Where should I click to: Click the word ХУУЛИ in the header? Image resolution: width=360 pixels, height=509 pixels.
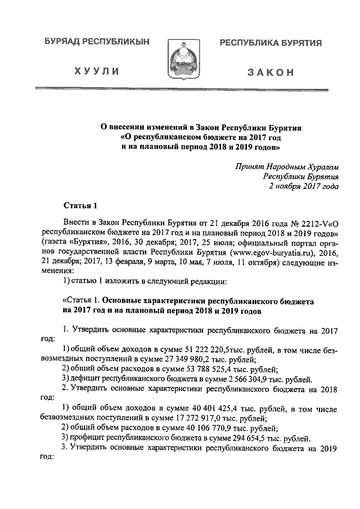coord(96,71)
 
